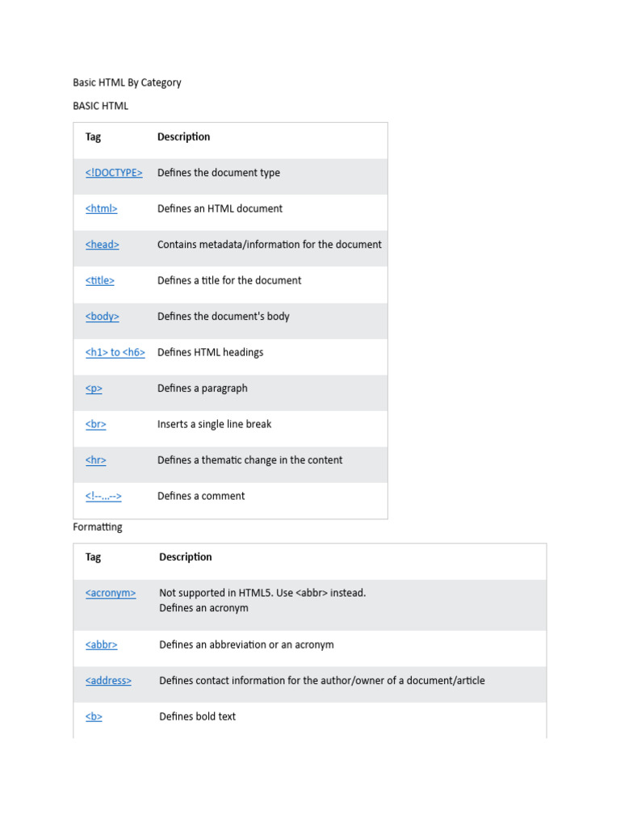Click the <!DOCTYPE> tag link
click(114, 173)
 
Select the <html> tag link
click(102, 208)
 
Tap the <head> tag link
click(103, 245)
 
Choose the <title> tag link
click(100, 280)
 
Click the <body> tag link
click(103, 317)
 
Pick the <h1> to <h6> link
click(115, 352)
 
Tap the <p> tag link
click(94, 388)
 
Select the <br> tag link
click(96, 424)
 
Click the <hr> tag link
click(96, 460)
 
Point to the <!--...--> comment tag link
click(103, 496)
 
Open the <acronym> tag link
click(111, 593)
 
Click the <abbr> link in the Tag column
click(102, 645)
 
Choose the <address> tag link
click(108, 681)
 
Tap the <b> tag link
click(94, 716)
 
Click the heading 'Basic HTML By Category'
click(127, 82)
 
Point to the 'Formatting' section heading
click(98, 527)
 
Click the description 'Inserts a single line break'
click(214, 424)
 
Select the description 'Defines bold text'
click(197, 716)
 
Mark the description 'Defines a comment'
click(201, 496)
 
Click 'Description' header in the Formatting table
click(186, 557)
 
